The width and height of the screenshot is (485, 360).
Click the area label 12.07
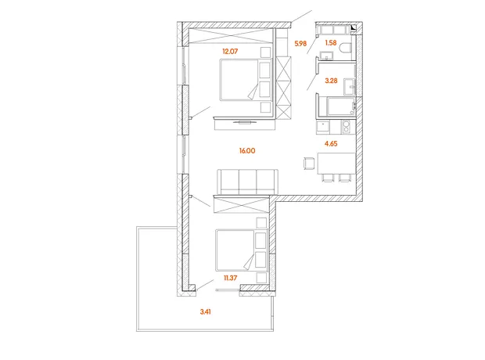[x=230, y=51]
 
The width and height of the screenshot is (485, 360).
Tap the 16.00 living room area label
[x=247, y=151]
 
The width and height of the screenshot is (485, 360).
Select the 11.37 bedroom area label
[x=231, y=278]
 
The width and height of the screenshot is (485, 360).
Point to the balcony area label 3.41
[x=206, y=311]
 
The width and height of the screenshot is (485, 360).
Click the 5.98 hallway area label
[x=300, y=43]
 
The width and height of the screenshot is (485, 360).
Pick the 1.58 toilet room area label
[x=331, y=43]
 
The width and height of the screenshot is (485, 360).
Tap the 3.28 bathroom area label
[x=331, y=81]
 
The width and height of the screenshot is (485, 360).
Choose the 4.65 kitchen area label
[x=331, y=144]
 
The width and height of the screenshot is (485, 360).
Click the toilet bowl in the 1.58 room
[x=346, y=48]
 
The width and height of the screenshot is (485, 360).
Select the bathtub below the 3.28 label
[x=340, y=106]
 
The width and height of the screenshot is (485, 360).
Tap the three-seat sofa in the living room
[x=247, y=182]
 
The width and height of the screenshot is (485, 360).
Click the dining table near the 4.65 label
[x=336, y=163]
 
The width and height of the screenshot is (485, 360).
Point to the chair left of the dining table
[x=309, y=164]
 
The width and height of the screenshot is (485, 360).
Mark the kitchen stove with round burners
[x=346, y=127]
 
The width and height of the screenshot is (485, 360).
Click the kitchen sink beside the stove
[x=323, y=127]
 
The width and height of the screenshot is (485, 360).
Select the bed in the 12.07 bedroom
[x=246, y=80]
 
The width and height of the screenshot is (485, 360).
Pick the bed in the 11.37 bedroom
[x=241, y=250]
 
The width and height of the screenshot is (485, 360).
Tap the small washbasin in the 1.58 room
[x=326, y=56]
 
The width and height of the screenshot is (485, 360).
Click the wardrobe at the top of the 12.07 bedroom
[x=232, y=36]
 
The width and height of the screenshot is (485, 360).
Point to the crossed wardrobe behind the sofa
[x=241, y=204]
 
